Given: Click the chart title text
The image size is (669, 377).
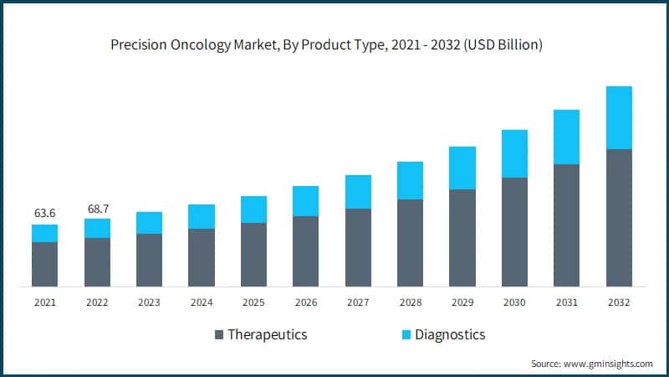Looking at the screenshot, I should point(327,45).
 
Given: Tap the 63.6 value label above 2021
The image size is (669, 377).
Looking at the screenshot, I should point(45,214).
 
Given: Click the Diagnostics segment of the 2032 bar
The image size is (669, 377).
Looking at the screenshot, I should point(619,117).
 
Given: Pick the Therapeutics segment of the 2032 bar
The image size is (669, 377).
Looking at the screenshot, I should point(619,218).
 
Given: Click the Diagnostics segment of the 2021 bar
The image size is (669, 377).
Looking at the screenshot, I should point(45,233).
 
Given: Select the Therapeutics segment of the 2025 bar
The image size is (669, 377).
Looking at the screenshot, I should point(253,255).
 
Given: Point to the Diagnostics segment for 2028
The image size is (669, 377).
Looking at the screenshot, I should point(410,180).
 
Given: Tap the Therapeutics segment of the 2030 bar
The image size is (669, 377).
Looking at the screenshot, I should point(514,232).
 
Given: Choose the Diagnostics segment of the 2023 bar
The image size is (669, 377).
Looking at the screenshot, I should point(149,222).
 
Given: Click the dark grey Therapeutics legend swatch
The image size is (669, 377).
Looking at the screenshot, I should point(219,335).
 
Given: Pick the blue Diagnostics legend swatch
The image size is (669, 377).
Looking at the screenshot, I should point(406,335).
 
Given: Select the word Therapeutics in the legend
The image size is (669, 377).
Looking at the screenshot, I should point(268,334).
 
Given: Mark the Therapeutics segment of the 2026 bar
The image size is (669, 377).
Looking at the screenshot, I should point(305,251).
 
